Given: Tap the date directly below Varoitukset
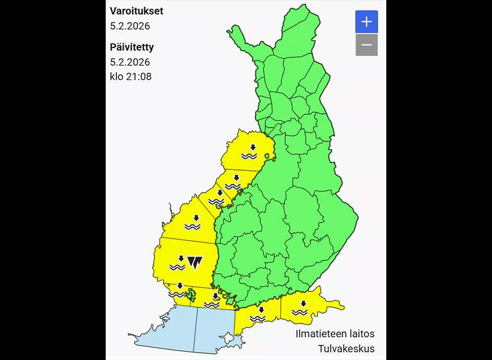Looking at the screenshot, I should pyautogui.click(x=130, y=26).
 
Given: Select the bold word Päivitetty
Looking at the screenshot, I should pyautogui.click(x=132, y=47).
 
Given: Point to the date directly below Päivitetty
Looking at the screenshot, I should pyautogui.click(x=130, y=62).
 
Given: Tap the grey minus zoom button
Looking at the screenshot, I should pyautogui.click(x=367, y=45).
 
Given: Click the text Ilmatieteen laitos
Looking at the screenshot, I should pyautogui.click(x=335, y=334).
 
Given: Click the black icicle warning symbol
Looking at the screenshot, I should pyautogui.click(x=195, y=262).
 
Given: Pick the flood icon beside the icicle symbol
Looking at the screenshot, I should pyautogui.click(x=178, y=262).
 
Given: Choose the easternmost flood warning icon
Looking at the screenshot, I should pyautogui.click(x=301, y=308).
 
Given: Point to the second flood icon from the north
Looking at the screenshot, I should pyautogui.click(x=233, y=182).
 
